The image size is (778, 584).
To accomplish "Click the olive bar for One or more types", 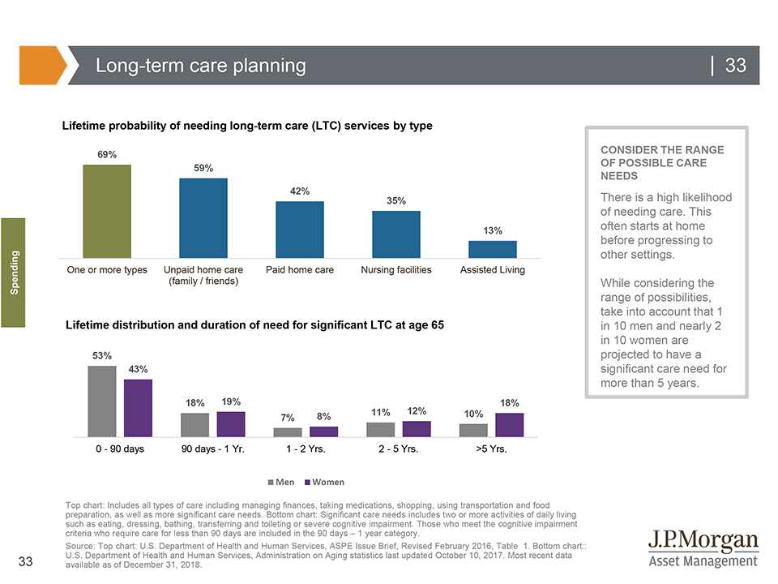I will pyautogui.click(x=106, y=210).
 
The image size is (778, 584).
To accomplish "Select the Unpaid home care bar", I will pyautogui.click(x=203, y=217).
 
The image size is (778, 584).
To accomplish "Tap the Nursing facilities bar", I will pyautogui.click(x=395, y=234).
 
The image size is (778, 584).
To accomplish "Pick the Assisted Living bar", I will pyautogui.click(x=492, y=248).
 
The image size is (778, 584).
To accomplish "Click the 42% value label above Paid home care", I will pyautogui.click(x=300, y=191).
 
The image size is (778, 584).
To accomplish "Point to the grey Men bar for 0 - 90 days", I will pyautogui.click(x=101, y=401).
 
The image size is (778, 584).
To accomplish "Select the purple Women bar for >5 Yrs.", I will pyautogui.click(x=510, y=425).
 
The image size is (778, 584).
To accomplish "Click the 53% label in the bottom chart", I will pyautogui.click(x=101, y=355).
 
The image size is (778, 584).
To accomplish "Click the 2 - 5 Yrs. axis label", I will pyautogui.click(x=398, y=449).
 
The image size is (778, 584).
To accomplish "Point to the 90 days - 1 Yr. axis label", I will pyautogui.click(x=213, y=449).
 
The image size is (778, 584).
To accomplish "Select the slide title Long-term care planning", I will pyautogui.click(x=200, y=66).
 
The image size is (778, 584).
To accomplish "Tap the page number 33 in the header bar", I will pyautogui.click(x=734, y=66).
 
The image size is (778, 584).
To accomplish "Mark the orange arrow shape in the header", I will pyautogui.click(x=41, y=66).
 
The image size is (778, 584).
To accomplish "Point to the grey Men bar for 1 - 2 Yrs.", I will pyautogui.click(x=287, y=432).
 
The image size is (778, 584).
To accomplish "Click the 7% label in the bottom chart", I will pyautogui.click(x=287, y=418).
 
